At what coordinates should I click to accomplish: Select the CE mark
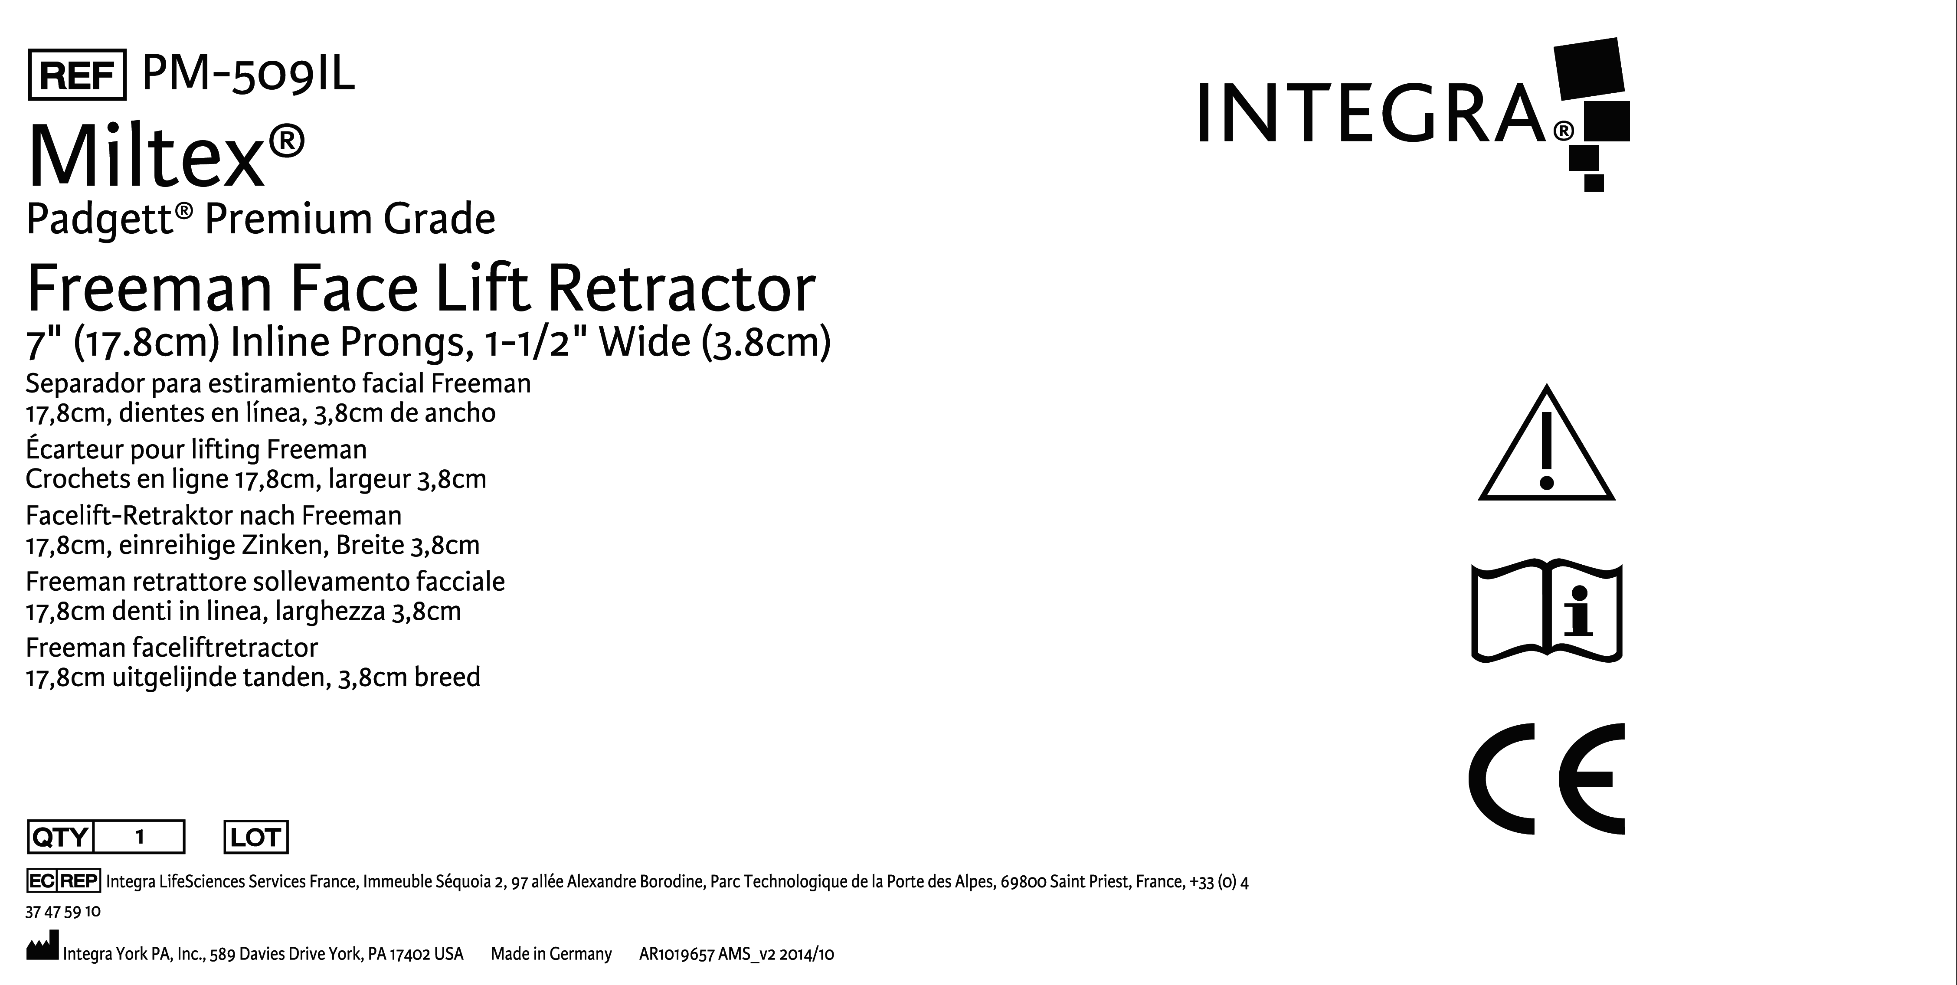(x=1546, y=779)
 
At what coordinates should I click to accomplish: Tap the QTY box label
(x=60, y=837)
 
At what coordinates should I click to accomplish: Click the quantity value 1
(x=139, y=837)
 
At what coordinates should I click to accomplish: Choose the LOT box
(x=256, y=837)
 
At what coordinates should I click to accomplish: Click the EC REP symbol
(x=63, y=881)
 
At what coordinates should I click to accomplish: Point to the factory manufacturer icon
(x=42, y=949)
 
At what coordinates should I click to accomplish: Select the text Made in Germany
(x=551, y=954)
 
